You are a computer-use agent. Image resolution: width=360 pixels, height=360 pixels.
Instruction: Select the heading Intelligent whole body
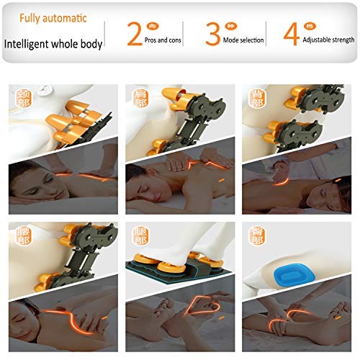(x=53, y=43)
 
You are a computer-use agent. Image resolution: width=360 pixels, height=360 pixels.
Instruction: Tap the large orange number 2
(x=135, y=34)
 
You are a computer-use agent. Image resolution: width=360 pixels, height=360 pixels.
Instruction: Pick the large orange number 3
(x=212, y=34)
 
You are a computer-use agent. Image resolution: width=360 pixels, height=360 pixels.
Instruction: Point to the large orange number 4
(x=291, y=34)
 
